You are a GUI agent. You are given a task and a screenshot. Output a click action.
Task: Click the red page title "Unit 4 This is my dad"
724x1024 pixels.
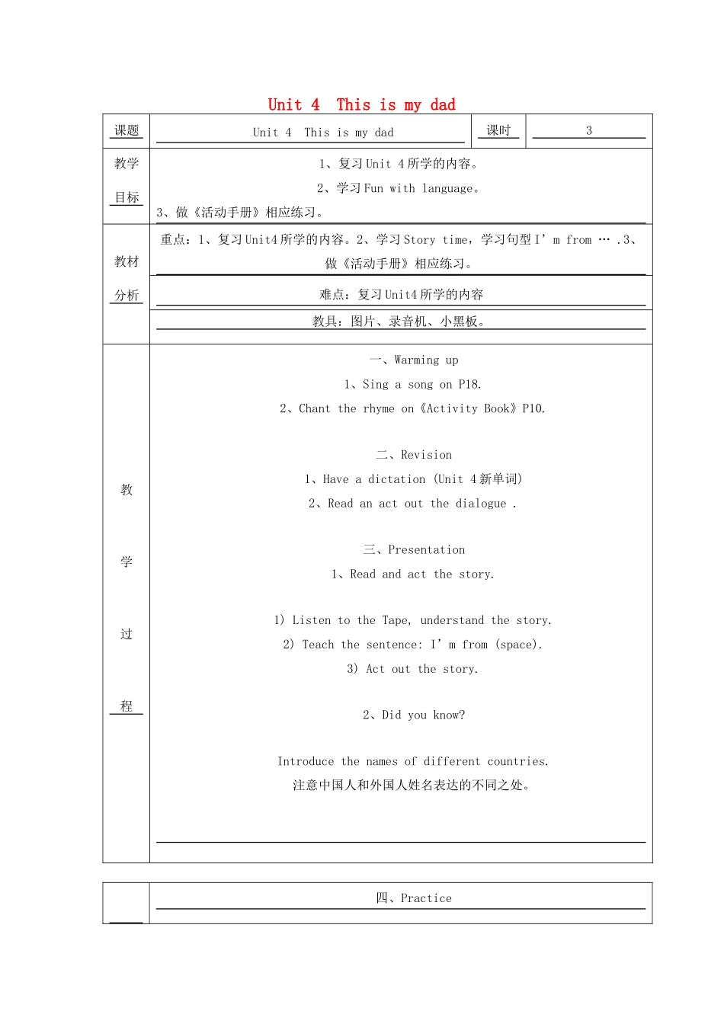pyautogui.click(x=361, y=104)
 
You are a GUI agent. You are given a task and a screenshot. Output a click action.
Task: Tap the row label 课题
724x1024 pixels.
pyautogui.click(x=127, y=130)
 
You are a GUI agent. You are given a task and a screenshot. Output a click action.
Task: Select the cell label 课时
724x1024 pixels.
pyautogui.click(x=498, y=130)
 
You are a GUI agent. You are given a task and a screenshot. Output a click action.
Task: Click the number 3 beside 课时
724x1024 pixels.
pyautogui.click(x=589, y=130)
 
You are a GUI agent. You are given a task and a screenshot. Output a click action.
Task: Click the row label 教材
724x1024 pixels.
pyautogui.click(x=127, y=261)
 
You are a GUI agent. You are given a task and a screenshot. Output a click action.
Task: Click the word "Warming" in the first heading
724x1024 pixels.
pyautogui.click(x=417, y=360)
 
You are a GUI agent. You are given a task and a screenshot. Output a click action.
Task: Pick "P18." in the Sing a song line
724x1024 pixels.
pyautogui.click(x=470, y=384)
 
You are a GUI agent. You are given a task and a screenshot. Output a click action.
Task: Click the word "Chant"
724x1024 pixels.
pyautogui.click(x=315, y=408)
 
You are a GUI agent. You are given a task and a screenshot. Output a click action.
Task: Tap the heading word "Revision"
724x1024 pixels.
pyautogui.click(x=426, y=455)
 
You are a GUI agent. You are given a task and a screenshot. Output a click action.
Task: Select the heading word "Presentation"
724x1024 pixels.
pyautogui.click(x=426, y=549)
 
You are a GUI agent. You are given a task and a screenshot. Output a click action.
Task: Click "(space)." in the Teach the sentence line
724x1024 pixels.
pyautogui.click(x=520, y=645)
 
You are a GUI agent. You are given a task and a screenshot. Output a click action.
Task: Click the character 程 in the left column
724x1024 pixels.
pyautogui.click(x=127, y=706)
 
